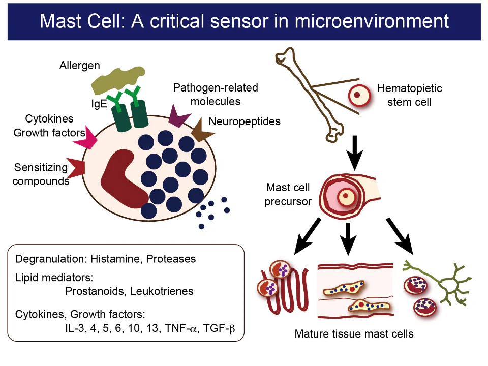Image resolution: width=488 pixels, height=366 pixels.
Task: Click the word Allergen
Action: pyautogui.click(x=80, y=66)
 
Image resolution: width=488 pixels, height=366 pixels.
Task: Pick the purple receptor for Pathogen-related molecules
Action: pyautogui.click(x=179, y=116)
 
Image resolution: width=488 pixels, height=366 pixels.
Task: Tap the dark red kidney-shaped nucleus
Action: pyautogui.click(x=122, y=178)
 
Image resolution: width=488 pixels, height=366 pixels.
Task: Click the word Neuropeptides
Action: pyautogui.click(x=245, y=121)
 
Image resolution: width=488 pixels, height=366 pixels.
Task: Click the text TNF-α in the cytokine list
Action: pyautogui.click(x=181, y=328)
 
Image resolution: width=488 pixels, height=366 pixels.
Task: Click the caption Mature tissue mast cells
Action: pyautogui.click(x=354, y=334)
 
